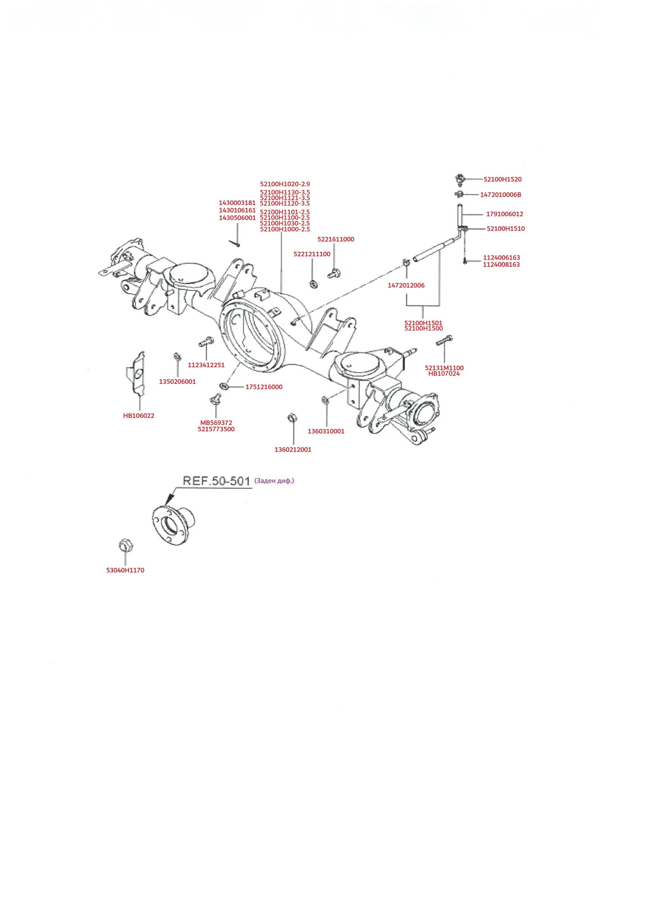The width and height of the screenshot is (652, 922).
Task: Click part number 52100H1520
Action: point(502,179)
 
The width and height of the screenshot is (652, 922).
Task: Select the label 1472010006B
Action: point(500,195)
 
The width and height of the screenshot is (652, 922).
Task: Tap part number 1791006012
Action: point(504,214)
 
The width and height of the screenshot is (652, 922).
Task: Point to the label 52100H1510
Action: point(505,229)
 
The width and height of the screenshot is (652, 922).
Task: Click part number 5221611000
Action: point(335,240)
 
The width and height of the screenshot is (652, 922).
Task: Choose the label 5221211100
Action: point(312,254)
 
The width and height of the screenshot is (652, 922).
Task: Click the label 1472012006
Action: point(406,285)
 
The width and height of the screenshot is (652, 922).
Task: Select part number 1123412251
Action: point(206,365)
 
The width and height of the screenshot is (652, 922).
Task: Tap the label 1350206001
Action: point(177,382)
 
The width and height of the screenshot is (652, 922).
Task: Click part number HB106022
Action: point(138,416)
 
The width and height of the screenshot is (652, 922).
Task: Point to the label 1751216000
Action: point(263,387)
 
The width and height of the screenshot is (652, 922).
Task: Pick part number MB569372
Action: point(216,423)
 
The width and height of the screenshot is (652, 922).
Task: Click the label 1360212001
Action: point(293,450)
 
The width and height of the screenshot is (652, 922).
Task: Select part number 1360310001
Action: point(326,431)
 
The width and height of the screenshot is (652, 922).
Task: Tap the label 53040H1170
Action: point(125,570)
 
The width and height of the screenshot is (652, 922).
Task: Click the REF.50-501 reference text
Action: point(216,481)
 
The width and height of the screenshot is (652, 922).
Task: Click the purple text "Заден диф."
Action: point(274,481)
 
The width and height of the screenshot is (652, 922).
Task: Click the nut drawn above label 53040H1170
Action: point(125,545)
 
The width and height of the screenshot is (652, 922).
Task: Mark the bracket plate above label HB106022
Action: point(136,373)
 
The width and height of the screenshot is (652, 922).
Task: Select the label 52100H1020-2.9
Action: point(285,184)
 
